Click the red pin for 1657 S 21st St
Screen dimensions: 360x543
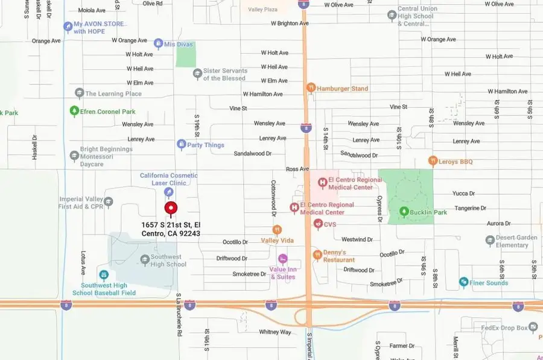click(x=171, y=209)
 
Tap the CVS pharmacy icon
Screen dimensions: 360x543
click(x=318, y=224)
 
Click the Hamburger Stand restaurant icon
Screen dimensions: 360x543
click(x=310, y=88)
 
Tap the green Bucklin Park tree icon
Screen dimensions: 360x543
click(x=404, y=212)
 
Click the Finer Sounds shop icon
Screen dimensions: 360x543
click(x=463, y=282)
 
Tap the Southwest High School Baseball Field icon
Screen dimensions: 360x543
click(x=103, y=275)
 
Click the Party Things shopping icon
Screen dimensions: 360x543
click(x=181, y=145)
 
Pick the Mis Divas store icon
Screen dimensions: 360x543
click(x=158, y=43)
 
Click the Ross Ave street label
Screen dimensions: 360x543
click(x=297, y=169)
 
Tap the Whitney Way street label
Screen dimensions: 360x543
click(x=275, y=332)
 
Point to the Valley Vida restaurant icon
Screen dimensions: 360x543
click(x=277, y=230)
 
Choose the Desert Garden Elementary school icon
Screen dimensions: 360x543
click(x=490, y=241)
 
